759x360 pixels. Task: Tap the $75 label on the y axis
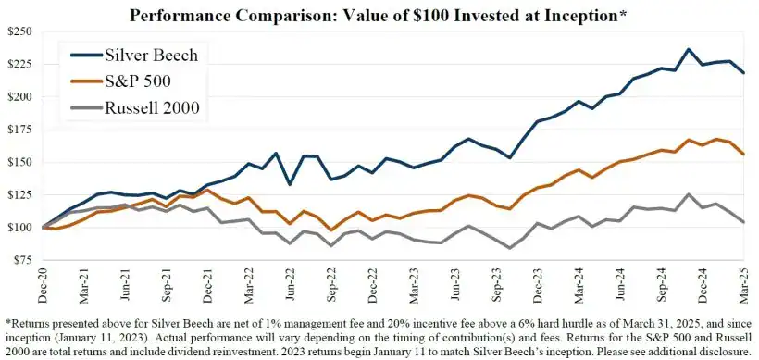20,260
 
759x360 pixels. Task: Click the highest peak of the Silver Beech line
688,49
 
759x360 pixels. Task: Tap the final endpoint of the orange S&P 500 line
743,155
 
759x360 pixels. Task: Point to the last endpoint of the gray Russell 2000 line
743,222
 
